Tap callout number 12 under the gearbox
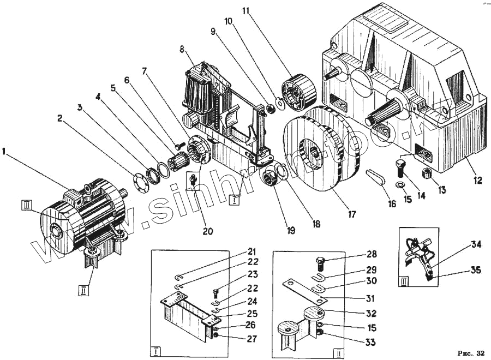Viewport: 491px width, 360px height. pos(478,181)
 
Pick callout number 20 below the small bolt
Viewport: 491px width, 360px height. pos(208,231)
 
